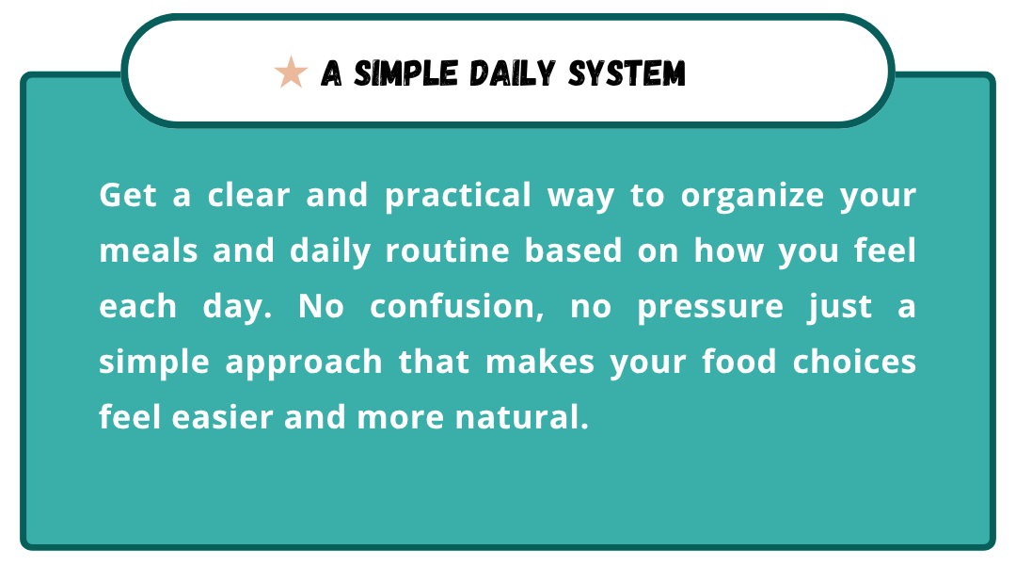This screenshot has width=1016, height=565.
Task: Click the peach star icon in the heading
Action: tap(291, 72)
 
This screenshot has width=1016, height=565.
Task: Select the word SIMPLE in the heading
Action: tap(406, 73)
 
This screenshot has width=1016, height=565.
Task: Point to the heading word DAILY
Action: tap(513, 73)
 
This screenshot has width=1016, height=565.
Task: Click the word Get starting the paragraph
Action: tap(128, 195)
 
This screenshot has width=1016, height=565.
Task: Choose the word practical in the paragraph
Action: tap(458, 196)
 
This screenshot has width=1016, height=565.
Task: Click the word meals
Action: tap(149, 250)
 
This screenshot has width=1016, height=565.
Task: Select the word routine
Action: tap(447, 250)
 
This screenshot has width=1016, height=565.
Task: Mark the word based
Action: tap(574, 250)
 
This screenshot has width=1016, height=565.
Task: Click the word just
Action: tap(840, 308)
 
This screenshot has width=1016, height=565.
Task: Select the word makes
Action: tap(540, 362)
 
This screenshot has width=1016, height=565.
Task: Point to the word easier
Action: tap(222, 417)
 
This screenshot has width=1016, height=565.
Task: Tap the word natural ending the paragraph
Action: tap(521, 417)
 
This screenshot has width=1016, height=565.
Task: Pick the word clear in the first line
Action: tap(248, 195)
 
